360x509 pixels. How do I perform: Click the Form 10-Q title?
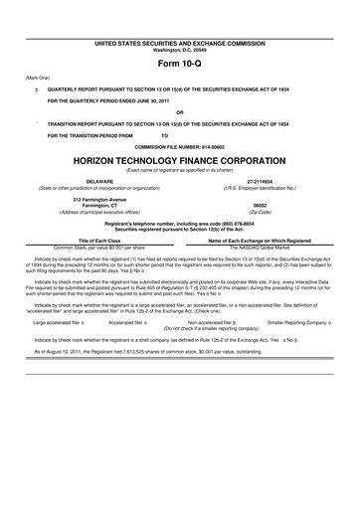[180, 65]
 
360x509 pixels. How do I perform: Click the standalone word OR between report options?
[180, 111]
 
